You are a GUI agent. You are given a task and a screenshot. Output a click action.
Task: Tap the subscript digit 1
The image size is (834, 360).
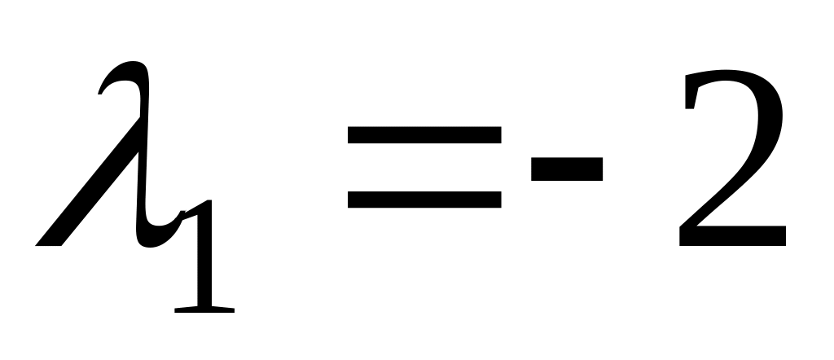pyautogui.click(x=204, y=261)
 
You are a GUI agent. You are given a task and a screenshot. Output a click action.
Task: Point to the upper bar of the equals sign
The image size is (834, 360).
pyautogui.click(x=424, y=134)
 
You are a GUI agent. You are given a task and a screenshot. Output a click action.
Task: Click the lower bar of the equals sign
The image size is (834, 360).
pyautogui.click(x=424, y=198)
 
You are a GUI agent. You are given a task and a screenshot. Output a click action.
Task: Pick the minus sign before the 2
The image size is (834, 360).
pyautogui.click(x=567, y=169)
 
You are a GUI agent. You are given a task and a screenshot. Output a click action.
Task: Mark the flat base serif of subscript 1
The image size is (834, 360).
pyautogui.click(x=204, y=308)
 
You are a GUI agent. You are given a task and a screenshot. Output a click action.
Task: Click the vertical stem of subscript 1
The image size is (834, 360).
pyautogui.click(x=204, y=261)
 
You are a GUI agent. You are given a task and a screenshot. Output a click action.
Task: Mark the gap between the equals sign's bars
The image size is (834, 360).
pyautogui.click(x=424, y=166)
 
